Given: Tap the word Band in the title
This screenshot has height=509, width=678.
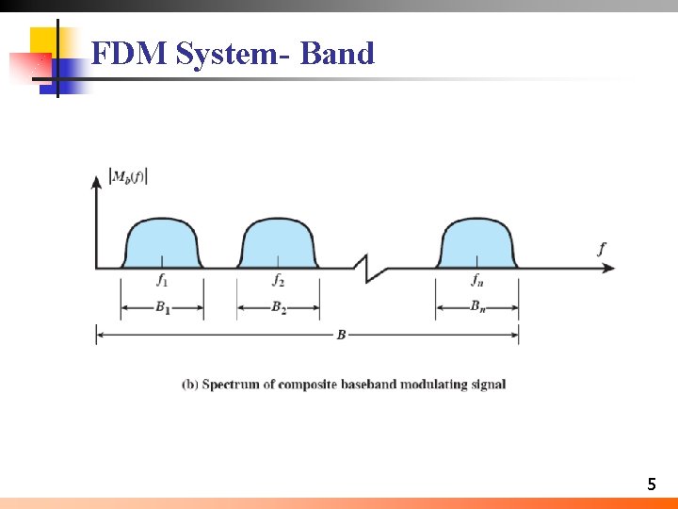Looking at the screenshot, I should [x=337, y=54].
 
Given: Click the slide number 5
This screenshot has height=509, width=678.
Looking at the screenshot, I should [x=651, y=484].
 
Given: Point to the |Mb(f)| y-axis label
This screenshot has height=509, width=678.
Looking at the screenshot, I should [x=129, y=175].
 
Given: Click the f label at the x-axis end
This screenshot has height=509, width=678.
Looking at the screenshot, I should [x=601, y=249].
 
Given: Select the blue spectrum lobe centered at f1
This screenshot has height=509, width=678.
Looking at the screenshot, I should [x=162, y=243].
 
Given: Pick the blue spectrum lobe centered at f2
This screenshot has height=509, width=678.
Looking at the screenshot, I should [x=278, y=243].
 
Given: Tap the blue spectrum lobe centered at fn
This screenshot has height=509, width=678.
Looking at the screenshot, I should [x=477, y=243].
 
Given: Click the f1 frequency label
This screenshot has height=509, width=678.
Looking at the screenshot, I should [x=162, y=280].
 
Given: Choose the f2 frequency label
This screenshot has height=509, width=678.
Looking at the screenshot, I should [x=278, y=280].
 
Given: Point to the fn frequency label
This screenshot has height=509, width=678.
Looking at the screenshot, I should [x=478, y=280].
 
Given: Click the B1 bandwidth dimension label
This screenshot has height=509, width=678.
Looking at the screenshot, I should [x=163, y=307].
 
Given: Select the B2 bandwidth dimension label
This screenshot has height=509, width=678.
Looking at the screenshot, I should [x=279, y=307].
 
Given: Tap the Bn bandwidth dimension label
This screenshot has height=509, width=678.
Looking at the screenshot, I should [x=478, y=307].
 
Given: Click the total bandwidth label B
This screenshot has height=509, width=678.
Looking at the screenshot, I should [x=341, y=335].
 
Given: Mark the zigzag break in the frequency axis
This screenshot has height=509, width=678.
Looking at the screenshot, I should [x=371, y=269].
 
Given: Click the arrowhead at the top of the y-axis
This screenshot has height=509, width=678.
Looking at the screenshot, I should [x=95, y=180].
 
